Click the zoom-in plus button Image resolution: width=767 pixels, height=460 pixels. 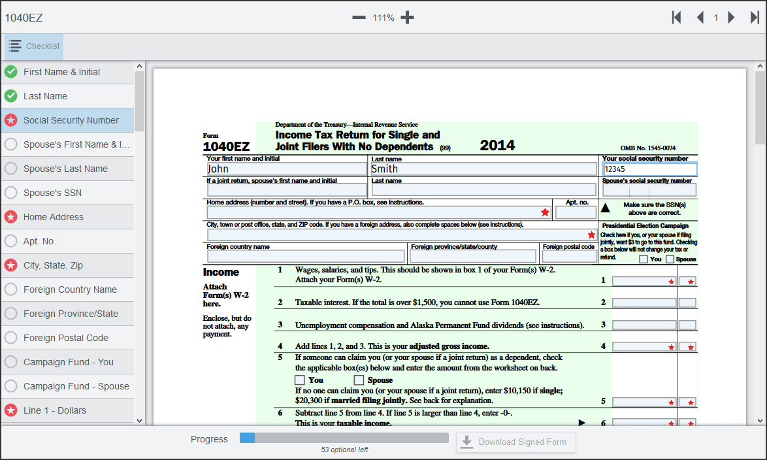[408, 18]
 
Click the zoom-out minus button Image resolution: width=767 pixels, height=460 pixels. [359, 18]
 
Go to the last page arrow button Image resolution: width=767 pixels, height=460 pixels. [755, 18]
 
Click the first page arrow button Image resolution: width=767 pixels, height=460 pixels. [677, 18]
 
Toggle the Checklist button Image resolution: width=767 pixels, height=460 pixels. [34, 46]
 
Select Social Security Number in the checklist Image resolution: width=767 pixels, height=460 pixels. [71, 120]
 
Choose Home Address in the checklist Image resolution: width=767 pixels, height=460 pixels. [54, 217]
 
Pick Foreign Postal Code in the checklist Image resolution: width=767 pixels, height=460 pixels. [66, 338]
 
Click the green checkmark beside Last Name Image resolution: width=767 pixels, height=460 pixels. [11, 96]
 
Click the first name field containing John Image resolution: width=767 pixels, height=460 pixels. [286, 169]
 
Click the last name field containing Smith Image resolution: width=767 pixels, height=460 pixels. [483, 169]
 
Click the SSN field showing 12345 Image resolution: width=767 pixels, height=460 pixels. [649, 169]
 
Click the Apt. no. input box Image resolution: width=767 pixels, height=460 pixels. [576, 212]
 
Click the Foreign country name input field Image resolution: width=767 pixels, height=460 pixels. [306, 256]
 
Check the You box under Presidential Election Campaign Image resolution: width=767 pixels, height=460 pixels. [644, 259]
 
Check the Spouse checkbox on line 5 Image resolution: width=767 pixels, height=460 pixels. [359, 380]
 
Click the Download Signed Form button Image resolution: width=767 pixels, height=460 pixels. [515, 442]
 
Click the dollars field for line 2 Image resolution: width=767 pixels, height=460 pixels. [644, 303]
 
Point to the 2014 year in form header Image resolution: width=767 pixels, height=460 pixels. [497, 145]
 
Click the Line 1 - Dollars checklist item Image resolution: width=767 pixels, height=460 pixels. [55, 410]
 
